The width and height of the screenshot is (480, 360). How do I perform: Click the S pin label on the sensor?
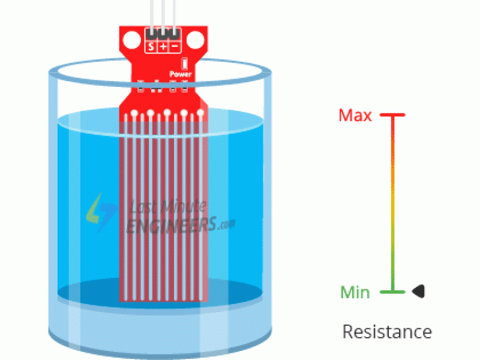(x=151, y=46)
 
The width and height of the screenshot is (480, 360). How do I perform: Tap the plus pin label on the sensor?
(x=163, y=46)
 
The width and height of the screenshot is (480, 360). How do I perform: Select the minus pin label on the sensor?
(x=175, y=46)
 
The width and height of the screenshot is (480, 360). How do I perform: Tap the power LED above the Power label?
(x=184, y=63)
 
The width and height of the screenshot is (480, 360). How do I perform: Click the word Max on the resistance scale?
(x=355, y=115)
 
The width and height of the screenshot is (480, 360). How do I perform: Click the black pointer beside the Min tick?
(x=418, y=292)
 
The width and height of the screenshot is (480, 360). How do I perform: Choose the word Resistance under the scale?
(x=386, y=331)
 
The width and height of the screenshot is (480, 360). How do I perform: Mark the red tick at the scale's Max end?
(x=392, y=115)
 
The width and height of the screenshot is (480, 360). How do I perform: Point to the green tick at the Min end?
(x=392, y=292)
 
